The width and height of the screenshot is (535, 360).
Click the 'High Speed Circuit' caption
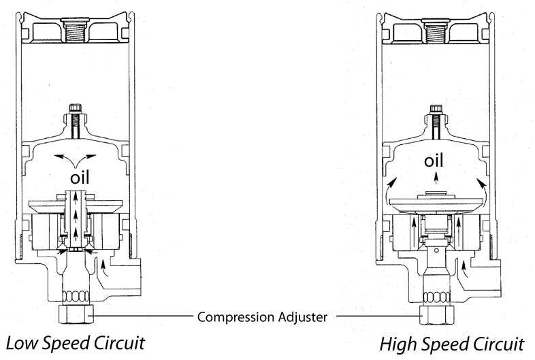[x=451, y=344]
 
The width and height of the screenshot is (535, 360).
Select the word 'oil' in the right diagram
[x=434, y=161]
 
